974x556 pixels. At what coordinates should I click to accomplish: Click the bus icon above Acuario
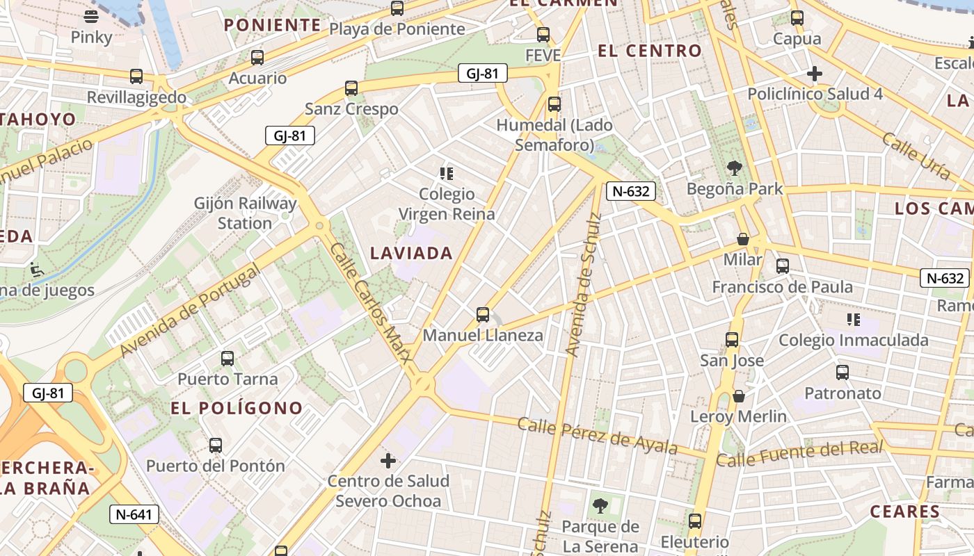pos(257,58)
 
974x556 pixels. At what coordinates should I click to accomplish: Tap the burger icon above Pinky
pos(91,16)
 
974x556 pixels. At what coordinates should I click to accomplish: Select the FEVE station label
pos(543,55)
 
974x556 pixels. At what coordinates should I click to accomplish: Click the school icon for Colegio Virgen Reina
pos(447,173)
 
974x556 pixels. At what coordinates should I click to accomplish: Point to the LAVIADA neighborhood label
pos(412,254)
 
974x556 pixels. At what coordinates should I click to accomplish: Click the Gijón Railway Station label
pos(245,213)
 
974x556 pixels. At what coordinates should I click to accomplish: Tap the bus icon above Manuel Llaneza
pos(483,315)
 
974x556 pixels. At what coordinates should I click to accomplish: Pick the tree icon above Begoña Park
pos(734,167)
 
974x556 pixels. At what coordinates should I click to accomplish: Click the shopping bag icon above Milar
pos(743,239)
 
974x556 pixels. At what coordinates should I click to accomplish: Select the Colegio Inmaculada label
pos(853,340)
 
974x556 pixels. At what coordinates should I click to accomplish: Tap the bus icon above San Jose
pos(732,340)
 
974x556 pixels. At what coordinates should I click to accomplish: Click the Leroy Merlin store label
pos(738,416)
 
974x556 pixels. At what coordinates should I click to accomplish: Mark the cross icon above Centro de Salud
pos(388,460)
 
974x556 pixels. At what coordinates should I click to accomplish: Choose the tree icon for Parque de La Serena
pos(600,505)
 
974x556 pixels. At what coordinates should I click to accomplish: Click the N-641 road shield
pos(134,515)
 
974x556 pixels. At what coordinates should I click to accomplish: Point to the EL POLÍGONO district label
pos(237,408)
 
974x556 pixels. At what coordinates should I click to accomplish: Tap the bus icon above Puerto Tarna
pos(227,359)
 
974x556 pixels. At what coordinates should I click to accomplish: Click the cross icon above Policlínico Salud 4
pos(815,73)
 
